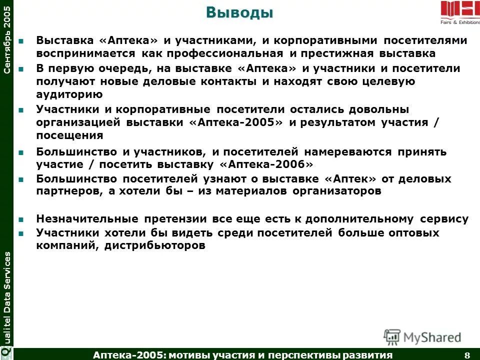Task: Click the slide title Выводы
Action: click(240, 13)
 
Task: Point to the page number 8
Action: click(467, 355)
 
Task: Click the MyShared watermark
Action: click(423, 336)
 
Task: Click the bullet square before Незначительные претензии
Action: click(20, 219)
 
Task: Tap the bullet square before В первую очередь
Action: click(20, 68)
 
